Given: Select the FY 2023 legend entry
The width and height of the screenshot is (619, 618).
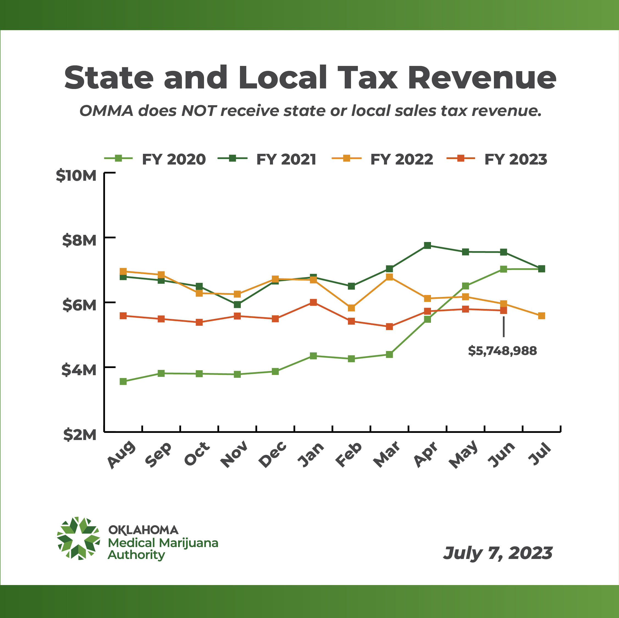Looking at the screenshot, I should click(x=497, y=159).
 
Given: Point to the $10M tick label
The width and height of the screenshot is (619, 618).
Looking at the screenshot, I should click(x=76, y=176).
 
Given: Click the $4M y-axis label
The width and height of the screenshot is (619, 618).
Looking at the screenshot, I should click(x=79, y=370).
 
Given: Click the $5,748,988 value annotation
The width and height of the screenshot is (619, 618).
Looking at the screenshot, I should click(x=502, y=351).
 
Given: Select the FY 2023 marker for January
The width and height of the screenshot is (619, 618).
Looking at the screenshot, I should click(x=313, y=302).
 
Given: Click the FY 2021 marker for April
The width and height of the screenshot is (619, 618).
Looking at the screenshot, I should click(x=427, y=245).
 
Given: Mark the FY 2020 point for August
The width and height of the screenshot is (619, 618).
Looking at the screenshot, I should click(x=123, y=381).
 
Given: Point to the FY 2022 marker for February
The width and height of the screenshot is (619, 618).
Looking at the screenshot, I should click(x=352, y=308).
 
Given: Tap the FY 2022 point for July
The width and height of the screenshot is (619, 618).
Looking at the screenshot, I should click(x=541, y=316).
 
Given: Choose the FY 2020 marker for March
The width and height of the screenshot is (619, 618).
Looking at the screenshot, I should click(x=389, y=355).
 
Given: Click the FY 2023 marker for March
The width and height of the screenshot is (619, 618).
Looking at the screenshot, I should click(x=389, y=327).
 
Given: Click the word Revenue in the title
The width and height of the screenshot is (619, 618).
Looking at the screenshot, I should click(x=482, y=78).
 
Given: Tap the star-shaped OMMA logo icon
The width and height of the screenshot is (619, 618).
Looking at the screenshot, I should click(x=79, y=539).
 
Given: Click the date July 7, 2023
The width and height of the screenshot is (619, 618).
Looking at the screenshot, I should click(x=498, y=553).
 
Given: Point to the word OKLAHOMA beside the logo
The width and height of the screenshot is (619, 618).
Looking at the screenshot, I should click(x=143, y=530).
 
